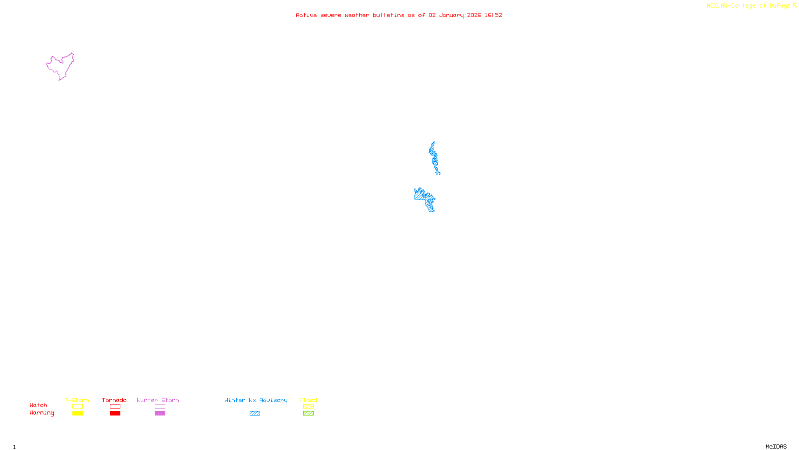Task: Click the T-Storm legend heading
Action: tap(77, 400)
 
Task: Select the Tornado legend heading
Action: tap(114, 400)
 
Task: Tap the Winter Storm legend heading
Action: tap(158, 400)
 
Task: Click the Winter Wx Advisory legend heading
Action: tap(256, 400)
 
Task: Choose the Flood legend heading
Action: tap(308, 400)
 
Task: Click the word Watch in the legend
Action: tap(38, 405)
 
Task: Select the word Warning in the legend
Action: tap(41, 413)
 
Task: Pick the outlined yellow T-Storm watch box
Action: tap(77, 406)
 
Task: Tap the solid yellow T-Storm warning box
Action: tap(77, 413)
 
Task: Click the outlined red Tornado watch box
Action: tap(115, 406)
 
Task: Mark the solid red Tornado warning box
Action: tap(115, 413)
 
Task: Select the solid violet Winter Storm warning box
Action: tap(160, 413)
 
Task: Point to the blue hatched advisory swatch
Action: tap(255, 413)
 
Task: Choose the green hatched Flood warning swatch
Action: tap(308, 413)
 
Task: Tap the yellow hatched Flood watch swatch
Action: tap(308, 406)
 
